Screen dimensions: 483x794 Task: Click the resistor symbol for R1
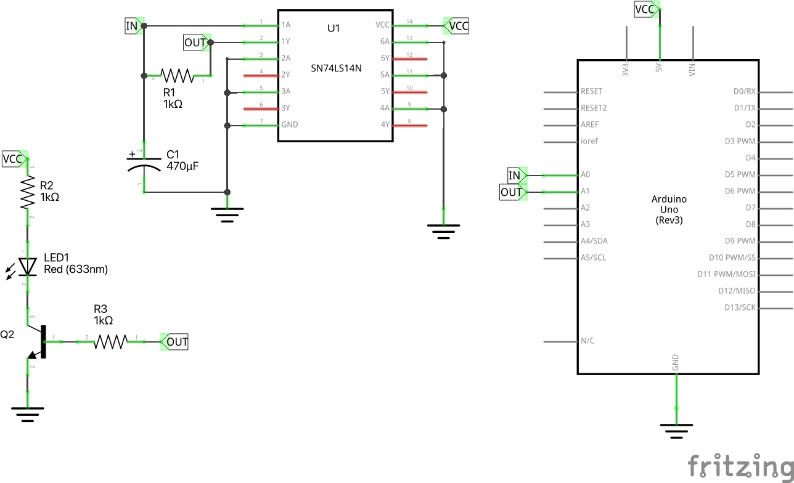tap(177, 75)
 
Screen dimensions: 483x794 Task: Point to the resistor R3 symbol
tap(110, 341)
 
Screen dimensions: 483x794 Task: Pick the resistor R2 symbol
tap(27, 193)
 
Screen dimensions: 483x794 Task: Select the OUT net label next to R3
tap(176, 341)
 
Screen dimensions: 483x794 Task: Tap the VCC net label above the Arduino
tap(645, 9)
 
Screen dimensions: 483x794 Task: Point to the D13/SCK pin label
tap(740, 307)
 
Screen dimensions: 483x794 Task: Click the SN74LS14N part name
tap(336, 68)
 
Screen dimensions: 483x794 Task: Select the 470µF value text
tap(182, 166)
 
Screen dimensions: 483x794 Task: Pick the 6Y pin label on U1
tap(385, 59)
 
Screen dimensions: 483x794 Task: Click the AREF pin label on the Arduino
tap(589, 124)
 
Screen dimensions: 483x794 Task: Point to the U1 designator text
tap(334, 28)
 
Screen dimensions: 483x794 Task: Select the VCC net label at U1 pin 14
tap(457, 26)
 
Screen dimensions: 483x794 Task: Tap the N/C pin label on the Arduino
tap(587, 341)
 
